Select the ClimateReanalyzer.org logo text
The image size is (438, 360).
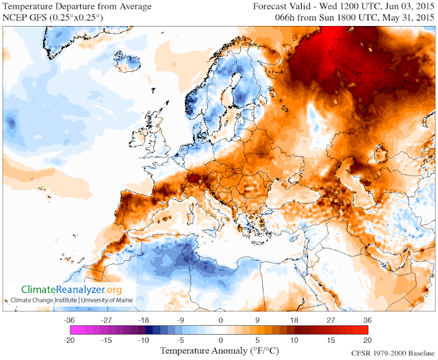pos(71,290)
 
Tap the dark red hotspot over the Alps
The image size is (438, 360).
pos(196,179)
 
